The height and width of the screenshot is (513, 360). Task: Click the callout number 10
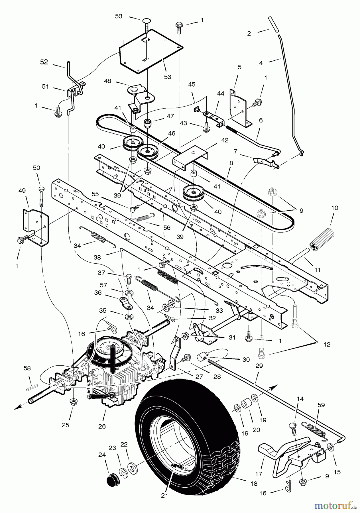coord(335,208)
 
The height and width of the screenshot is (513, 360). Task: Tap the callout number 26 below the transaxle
coord(102,426)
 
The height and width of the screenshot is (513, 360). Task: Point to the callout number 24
coord(102,455)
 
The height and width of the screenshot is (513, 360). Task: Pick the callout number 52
coord(44,62)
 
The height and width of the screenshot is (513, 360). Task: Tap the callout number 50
coord(36,168)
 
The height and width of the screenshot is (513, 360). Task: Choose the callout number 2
coord(249,34)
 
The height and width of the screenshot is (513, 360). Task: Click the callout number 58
coord(27,369)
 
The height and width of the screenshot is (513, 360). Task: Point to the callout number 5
coord(239,67)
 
